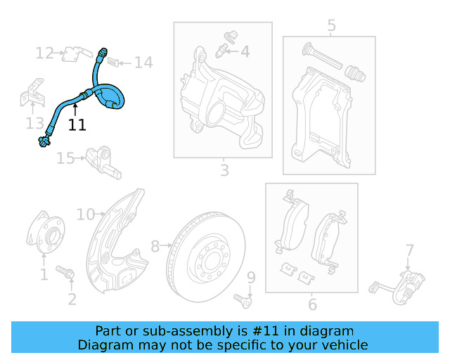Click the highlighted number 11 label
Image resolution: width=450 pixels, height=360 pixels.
pyautogui.click(x=77, y=125)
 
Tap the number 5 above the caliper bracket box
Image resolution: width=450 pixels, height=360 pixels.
pyautogui.click(x=331, y=26)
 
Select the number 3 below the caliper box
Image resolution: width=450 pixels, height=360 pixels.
pyautogui.click(x=224, y=170)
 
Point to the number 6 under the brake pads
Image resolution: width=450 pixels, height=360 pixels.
pyautogui.click(x=312, y=304)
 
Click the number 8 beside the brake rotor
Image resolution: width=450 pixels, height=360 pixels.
pyautogui.click(x=155, y=246)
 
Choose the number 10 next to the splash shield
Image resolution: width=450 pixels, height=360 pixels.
pyautogui.click(x=86, y=214)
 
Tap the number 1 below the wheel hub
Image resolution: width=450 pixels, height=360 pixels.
pyautogui.click(x=44, y=274)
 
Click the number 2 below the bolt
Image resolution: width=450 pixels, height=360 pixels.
pyautogui.click(x=72, y=300)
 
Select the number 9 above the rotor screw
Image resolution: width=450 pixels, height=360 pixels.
pyautogui.click(x=251, y=278)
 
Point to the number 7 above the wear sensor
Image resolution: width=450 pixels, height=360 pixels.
pyautogui.click(x=409, y=249)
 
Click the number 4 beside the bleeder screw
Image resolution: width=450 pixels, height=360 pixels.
pyautogui.click(x=245, y=51)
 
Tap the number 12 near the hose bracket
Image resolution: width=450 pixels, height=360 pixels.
pyautogui.click(x=45, y=53)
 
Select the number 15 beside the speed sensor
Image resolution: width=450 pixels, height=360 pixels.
pyautogui.click(x=65, y=159)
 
